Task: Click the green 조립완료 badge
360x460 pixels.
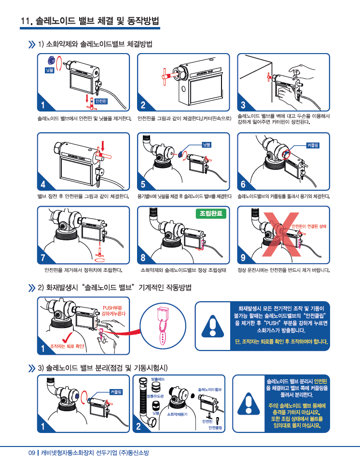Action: click(x=211, y=213)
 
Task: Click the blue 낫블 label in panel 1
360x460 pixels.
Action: click(x=50, y=70)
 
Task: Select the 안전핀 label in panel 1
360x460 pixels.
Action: click(x=101, y=101)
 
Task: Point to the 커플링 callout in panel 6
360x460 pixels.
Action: click(x=313, y=145)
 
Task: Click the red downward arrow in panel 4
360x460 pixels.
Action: click(x=103, y=145)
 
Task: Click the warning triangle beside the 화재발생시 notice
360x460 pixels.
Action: click(x=213, y=326)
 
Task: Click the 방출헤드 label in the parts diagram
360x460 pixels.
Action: click(x=158, y=379)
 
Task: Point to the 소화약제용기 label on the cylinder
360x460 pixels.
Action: click(x=177, y=414)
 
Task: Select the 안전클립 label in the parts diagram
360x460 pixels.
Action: click(x=215, y=428)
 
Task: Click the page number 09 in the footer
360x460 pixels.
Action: click(x=32, y=453)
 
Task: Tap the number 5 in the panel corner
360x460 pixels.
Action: click(x=143, y=184)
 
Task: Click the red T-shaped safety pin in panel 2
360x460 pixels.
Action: click(x=168, y=75)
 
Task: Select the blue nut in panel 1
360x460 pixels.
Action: click(x=51, y=60)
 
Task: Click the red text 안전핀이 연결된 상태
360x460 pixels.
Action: click(x=309, y=226)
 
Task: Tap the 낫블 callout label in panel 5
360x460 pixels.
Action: click(x=206, y=145)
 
